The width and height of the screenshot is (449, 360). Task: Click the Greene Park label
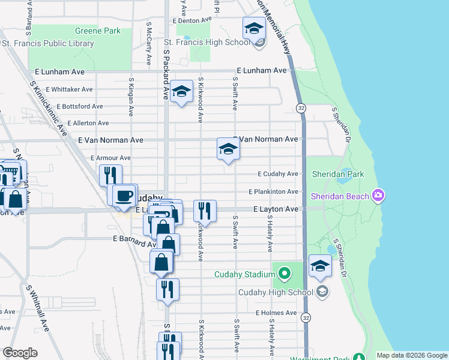pyautogui.click(x=97, y=31)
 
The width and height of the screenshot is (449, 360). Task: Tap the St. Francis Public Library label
pyautogui.click(x=48, y=43)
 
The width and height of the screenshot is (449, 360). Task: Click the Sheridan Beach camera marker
pyautogui.click(x=378, y=196)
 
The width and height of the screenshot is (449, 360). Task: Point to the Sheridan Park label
pyautogui.click(x=338, y=174)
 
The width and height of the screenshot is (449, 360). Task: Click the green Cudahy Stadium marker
pyautogui.click(x=283, y=275)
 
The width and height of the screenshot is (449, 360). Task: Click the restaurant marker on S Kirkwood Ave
pyautogui.click(x=205, y=211)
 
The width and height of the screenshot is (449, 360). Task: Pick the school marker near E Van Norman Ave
pyautogui.click(x=228, y=149)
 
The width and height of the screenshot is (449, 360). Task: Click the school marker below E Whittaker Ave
pyautogui.click(x=181, y=92)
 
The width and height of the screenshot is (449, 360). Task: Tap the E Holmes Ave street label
pyautogui.click(x=277, y=313)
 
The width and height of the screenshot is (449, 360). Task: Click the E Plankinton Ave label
pyautogui.click(x=273, y=191)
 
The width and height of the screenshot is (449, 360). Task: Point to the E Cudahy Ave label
pyautogui.click(x=277, y=174)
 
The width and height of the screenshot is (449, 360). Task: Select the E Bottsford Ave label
pyautogui.click(x=81, y=106)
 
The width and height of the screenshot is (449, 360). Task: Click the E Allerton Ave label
pyautogui.click(x=88, y=123)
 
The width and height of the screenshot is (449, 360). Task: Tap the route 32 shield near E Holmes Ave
pyautogui.click(x=306, y=316)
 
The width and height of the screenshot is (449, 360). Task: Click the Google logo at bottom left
pyautogui.click(x=20, y=353)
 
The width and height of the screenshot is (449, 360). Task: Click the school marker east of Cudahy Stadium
pyautogui.click(x=320, y=266)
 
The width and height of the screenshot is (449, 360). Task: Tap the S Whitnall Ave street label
pyautogui.click(x=37, y=305)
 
